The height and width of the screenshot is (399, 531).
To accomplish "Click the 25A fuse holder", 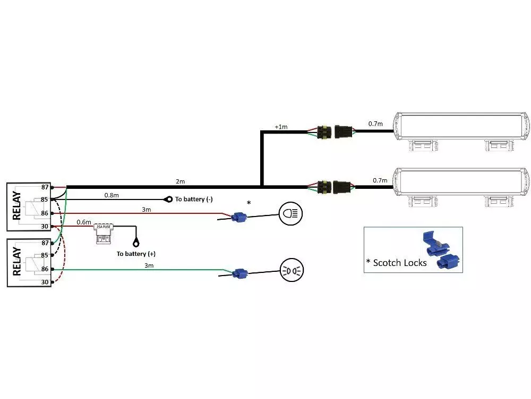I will tap(103, 233).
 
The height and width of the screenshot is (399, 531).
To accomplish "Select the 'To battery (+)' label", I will tap(136, 254).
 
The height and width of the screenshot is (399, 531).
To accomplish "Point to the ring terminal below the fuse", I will tap(136, 242).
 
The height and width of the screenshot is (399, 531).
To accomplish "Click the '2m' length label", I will tap(181, 181).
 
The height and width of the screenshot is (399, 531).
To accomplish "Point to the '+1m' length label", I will tap(280, 127).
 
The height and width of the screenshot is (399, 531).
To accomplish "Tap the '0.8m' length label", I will tap(112, 195).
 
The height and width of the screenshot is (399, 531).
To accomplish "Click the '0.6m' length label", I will tap(83, 222).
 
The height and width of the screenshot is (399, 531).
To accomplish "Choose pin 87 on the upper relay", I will tap(45, 187).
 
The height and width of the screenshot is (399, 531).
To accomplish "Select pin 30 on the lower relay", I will tap(45, 282).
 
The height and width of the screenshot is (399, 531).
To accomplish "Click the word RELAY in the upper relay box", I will tap(17, 205).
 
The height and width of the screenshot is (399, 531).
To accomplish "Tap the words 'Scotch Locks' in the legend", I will tap(400, 262).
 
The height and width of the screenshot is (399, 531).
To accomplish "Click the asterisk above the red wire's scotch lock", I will tap(249, 203).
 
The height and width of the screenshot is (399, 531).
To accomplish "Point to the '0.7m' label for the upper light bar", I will tap(375, 123).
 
